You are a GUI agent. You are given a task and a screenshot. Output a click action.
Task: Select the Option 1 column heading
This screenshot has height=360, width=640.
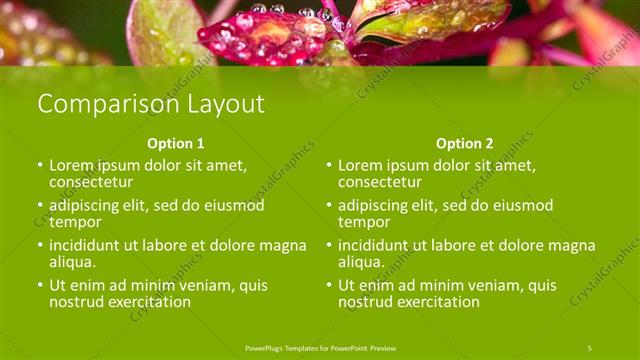[x=176, y=143]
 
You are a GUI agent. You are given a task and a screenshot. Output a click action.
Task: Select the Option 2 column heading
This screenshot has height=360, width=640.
[x=465, y=143]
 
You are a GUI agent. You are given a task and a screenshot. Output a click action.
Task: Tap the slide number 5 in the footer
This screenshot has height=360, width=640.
[x=590, y=347]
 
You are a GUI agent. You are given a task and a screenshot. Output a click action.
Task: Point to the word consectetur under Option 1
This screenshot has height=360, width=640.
[x=91, y=182]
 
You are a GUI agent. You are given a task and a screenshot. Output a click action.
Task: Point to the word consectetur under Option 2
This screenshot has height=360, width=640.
[x=380, y=182]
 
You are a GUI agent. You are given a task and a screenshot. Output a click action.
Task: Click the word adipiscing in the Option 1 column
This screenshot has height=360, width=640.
[x=90, y=206]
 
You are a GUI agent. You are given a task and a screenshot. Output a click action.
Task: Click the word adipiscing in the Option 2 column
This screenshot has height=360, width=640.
[x=379, y=206]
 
